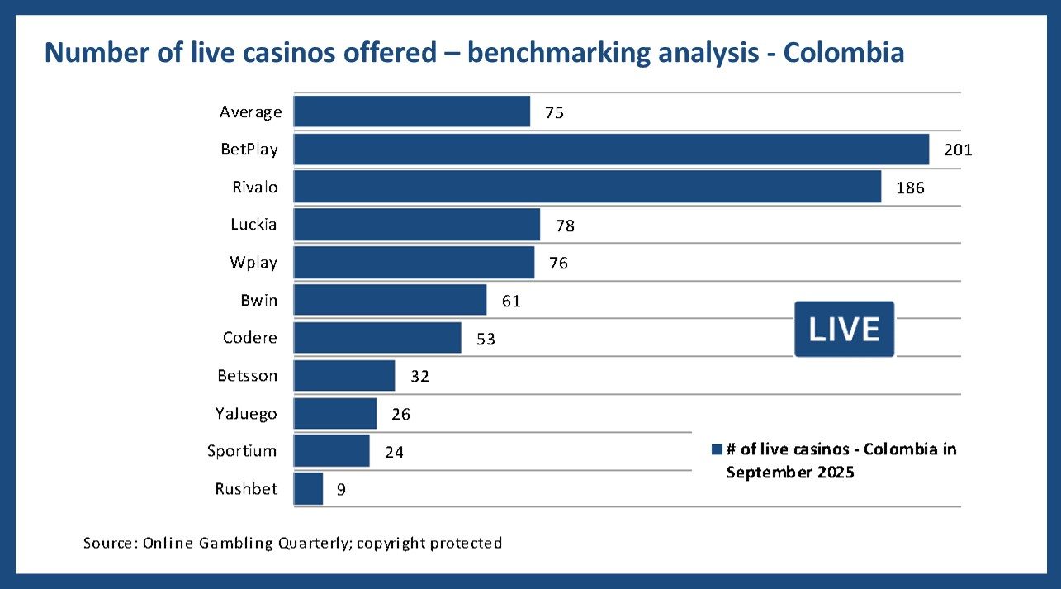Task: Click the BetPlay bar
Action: pyautogui.click(x=611, y=150)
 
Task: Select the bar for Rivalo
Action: pyautogui.click(x=587, y=187)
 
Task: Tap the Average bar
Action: pyautogui.click(x=411, y=112)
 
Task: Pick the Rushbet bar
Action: pyautogui.click(x=308, y=489)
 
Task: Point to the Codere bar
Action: pyautogui.click(x=377, y=338)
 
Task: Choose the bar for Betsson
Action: pyautogui.click(x=344, y=376)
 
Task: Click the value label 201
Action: pyautogui.click(x=959, y=150)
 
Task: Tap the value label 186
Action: pyautogui.click(x=910, y=188)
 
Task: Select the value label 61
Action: pyautogui.click(x=511, y=301)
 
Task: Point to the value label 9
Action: pyautogui.click(x=341, y=490)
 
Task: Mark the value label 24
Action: pyautogui.click(x=394, y=452)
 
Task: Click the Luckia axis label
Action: pyautogui.click(x=253, y=225)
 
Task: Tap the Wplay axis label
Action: pyautogui.click(x=253, y=263)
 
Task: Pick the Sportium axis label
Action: pyautogui.click(x=242, y=451)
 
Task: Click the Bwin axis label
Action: pyautogui.click(x=258, y=301)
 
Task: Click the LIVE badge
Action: pyautogui.click(x=844, y=329)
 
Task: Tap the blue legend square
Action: pyautogui.click(x=716, y=449)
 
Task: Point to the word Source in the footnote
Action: pyautogui.click(x=109, y=543)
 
